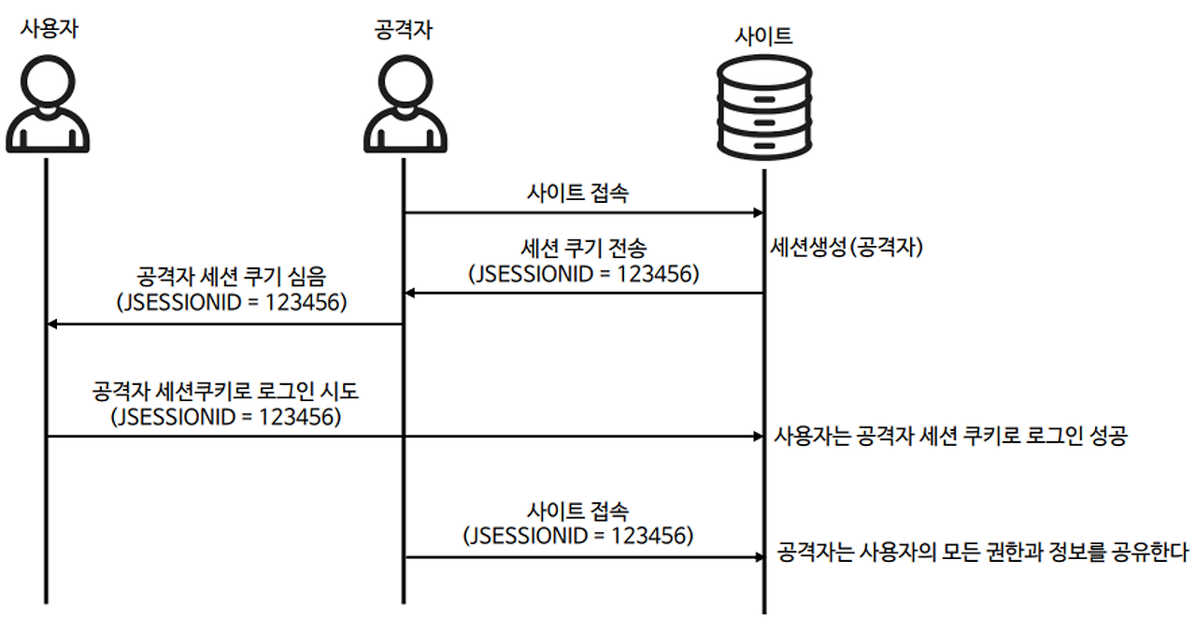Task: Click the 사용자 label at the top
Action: (x=49, y=29)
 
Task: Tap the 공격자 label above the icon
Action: (x=402, y=29)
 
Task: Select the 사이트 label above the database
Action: (x=763, y=36)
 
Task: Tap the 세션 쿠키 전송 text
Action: (x=584, y=249)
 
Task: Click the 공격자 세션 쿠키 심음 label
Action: (x=232, y=279)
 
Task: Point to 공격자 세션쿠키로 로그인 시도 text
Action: (x=226, y=390)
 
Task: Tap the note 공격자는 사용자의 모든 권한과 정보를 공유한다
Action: (x=982, y=553)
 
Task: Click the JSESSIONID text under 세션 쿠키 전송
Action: (x=584, y=274)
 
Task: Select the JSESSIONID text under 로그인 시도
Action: (x=226, y=416)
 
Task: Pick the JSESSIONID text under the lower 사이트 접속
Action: (x=579, y=536)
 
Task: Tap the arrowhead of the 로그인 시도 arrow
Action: (x=757, y=436)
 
